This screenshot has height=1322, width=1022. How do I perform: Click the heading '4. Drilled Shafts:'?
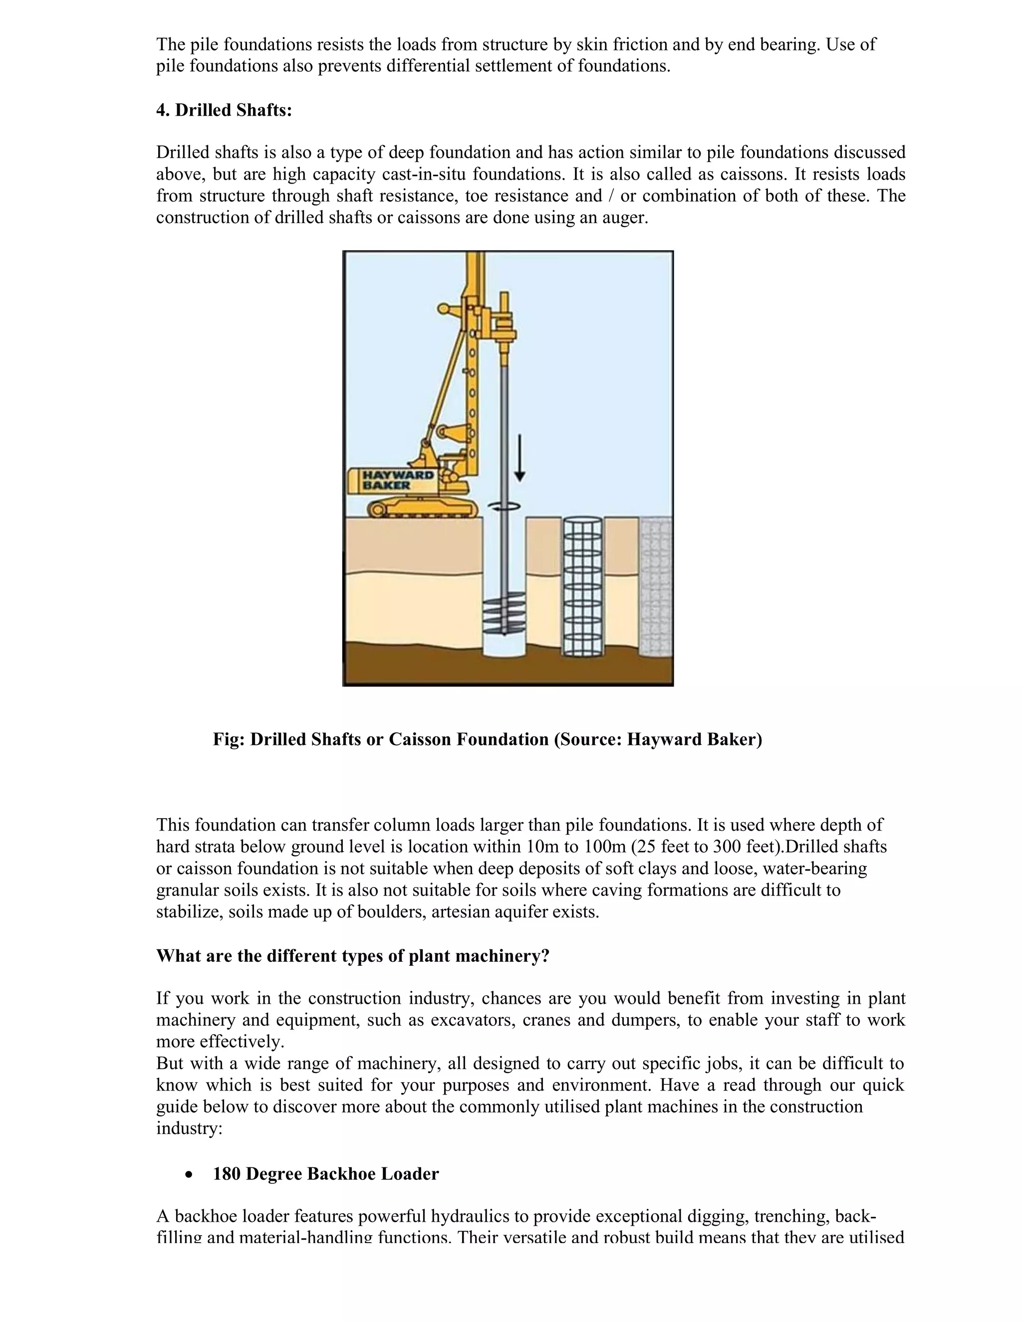pos(224,111)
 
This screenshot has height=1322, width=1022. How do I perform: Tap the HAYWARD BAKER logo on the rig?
pos(397,480)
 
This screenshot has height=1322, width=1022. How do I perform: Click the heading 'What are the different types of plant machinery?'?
pos(352,956)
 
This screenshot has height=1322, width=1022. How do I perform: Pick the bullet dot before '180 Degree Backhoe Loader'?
pos(190,1175)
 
